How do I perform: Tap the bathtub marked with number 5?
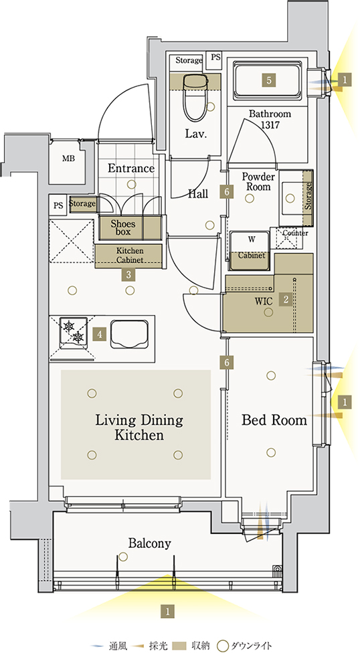[x=269, y=80]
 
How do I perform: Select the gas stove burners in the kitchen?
[x=74, y=331]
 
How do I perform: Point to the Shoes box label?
[x=123, y=228]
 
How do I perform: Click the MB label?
[x=68, y=159]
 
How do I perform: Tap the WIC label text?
[x=263, y=301]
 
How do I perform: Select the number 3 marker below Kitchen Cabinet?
[x=128, y=275]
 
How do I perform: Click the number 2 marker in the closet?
[x=285, y=300]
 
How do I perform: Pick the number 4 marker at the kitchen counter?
[x=100, y=334]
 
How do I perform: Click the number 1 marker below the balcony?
[x=168, y=611]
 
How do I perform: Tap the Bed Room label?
[x=274, y=420]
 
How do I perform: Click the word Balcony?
[x=150, y=543]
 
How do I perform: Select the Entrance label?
[x=131, y=168]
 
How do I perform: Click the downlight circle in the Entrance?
[x=131, y=185]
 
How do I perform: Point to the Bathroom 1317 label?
[x=270, y=120]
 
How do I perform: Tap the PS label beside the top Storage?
[x=216, y=57]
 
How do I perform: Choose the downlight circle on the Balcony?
[x=123, y=557]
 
